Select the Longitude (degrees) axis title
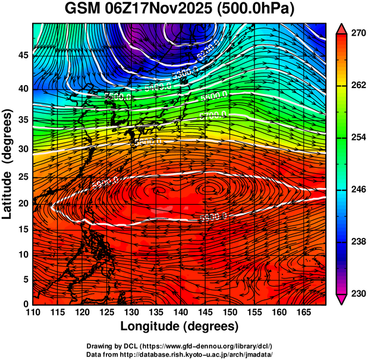click(180, 326)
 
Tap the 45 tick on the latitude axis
click(23, 55)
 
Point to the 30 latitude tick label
click(23, 149)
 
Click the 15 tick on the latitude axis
click(23, 229)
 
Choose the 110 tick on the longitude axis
click(33, 312)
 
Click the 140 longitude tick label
click(180, 312)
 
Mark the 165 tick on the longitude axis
click(303, 312)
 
